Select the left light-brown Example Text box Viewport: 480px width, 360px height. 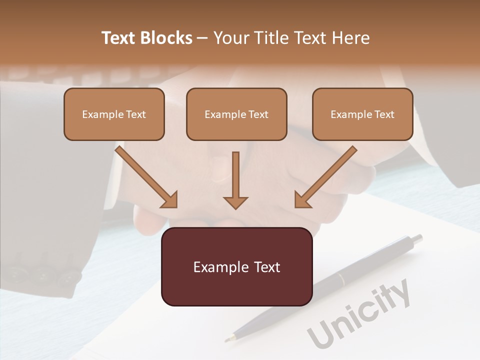pyautogui.click(x=114, y=114)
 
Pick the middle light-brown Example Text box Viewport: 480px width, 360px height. pyautogui.click(x=236, y=114)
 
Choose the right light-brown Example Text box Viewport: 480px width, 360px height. pyautogui.click(x=362, y=114)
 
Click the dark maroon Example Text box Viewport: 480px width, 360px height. pyautogui.click(x=236, y=266)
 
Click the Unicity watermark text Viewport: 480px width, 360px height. pyautogui.click(x=359, y=315)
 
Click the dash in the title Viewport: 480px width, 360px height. pyautogui.click(x=203, y=38)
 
